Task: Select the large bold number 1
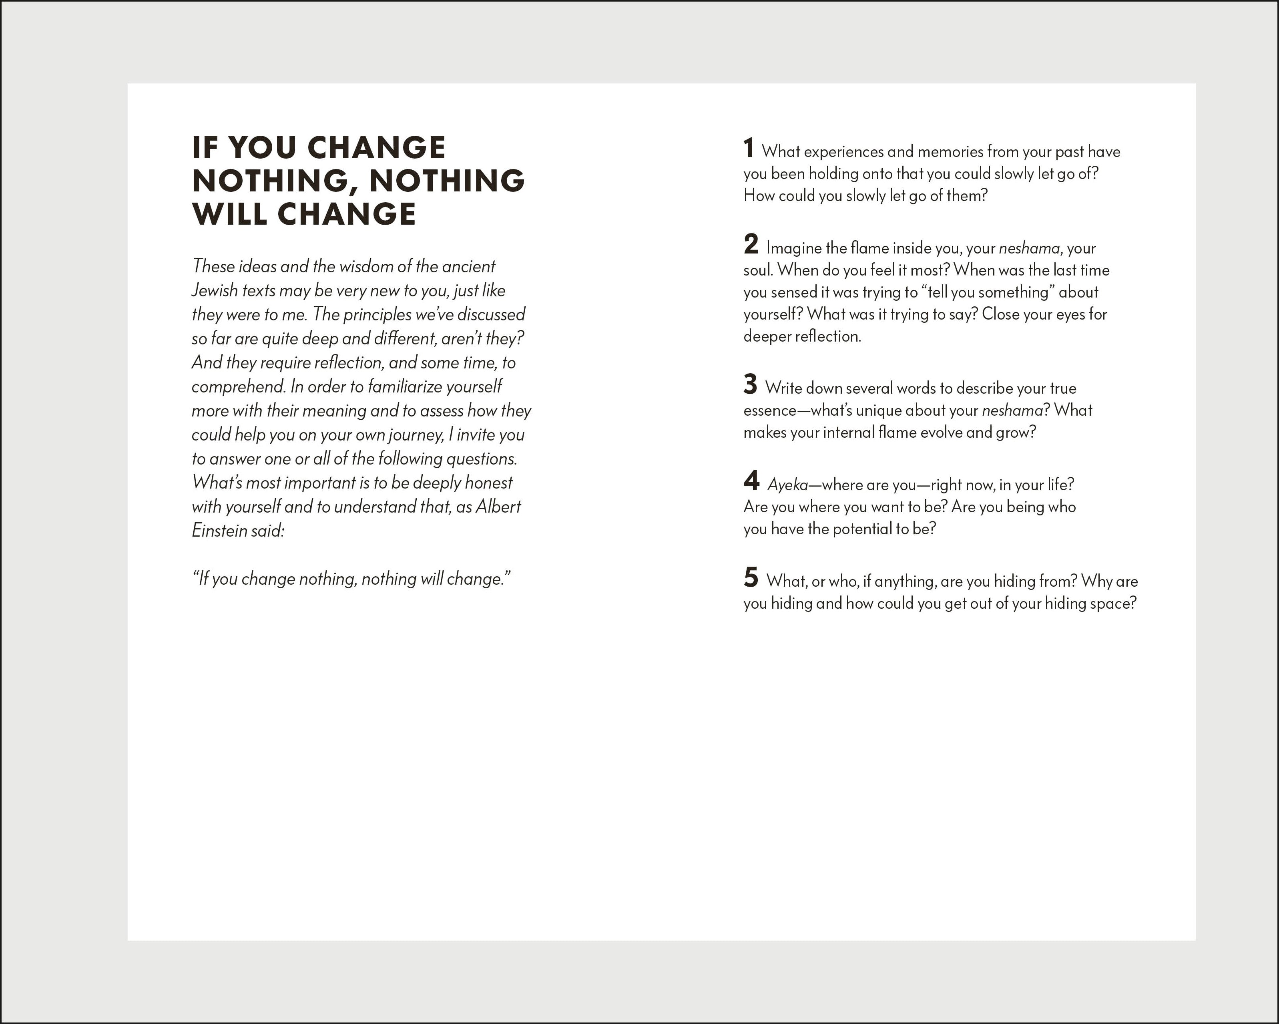point(749,149)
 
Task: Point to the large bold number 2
point(751,244)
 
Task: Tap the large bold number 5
point(751,577)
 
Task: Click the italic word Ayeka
point(788,485)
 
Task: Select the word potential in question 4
point(863,529)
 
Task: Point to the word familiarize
point(405,386)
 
